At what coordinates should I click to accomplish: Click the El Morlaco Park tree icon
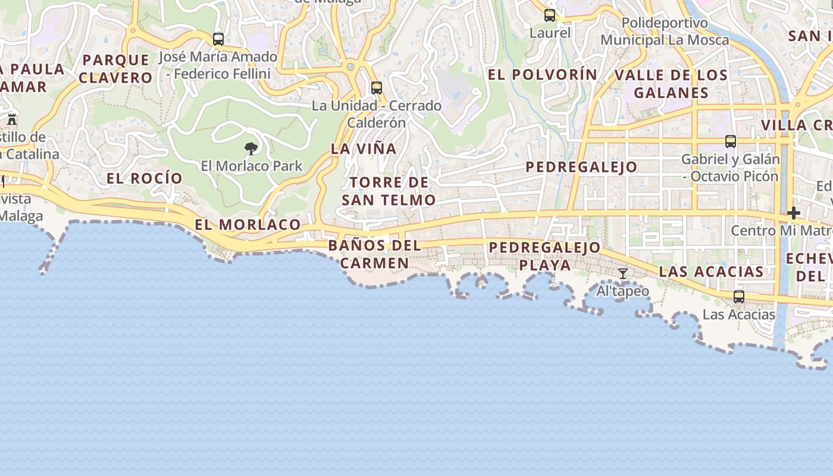(251, 148)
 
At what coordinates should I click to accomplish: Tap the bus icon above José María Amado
(218, 39)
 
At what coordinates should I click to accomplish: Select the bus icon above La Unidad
(377, 88)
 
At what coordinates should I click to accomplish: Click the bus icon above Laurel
(550, 15)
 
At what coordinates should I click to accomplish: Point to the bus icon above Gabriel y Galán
(731, 142)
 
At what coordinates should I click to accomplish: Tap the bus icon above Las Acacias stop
(739, 296)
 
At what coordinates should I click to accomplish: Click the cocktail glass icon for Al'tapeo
(623, 274)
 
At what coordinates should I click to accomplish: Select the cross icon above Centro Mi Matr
(793, 213)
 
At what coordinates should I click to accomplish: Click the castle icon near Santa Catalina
(12, 118)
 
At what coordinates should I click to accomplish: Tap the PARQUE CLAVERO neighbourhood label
(116, 68)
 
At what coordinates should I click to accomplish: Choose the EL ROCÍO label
(145, 178)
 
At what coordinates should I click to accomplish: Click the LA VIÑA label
(364, 149)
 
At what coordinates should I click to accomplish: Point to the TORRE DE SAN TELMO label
(389, 191)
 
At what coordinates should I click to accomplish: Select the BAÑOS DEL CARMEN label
(374, 254)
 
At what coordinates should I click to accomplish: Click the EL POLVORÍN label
(542, 74)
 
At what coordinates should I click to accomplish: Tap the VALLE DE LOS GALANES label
(671, 84)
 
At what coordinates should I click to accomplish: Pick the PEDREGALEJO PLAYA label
(544, 256)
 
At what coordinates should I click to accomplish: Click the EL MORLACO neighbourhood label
(248, 224)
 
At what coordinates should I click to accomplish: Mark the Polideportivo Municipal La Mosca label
(665, 32)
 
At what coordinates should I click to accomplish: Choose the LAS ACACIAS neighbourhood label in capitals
(711, 272)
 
